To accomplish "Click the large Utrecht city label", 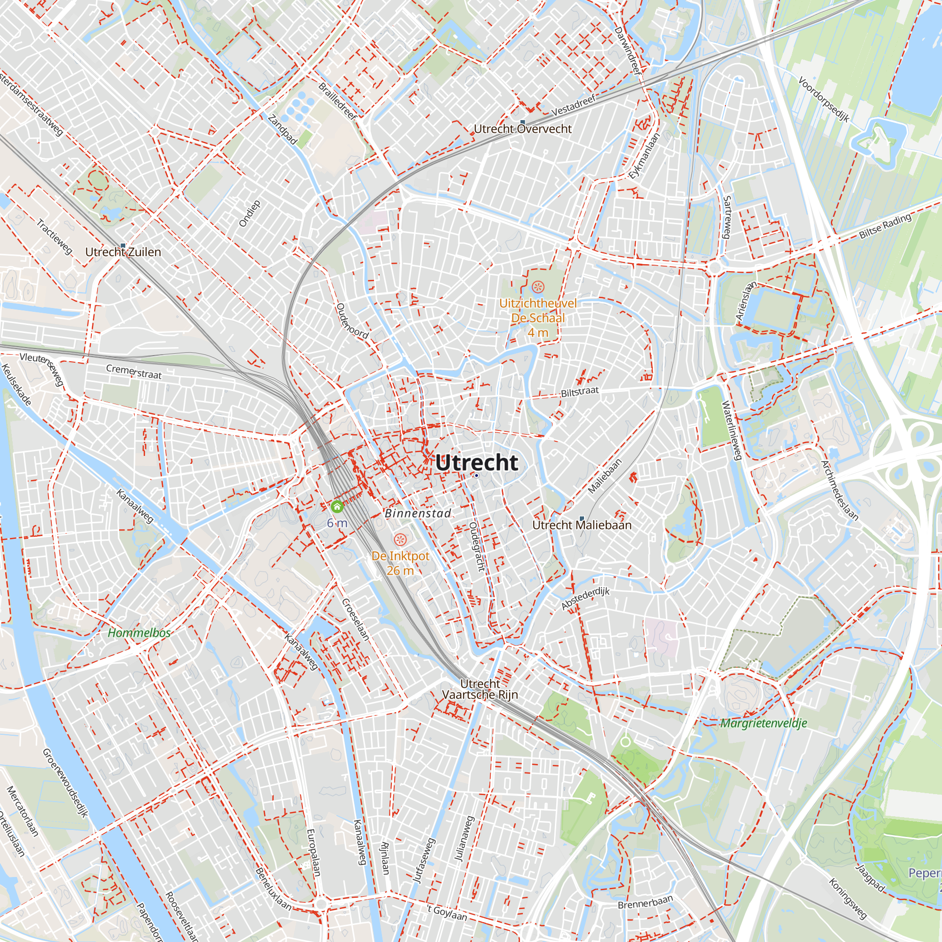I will point(476,462).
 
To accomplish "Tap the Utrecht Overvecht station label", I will point(522,129).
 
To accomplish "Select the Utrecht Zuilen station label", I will point(123,252).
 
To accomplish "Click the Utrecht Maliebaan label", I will point(581,525).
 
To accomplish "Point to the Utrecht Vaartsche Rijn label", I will point(480,690).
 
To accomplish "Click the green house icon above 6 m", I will point(337,507).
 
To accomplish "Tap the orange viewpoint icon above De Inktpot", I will point(400,539).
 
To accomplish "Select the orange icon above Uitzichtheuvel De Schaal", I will point(537,287).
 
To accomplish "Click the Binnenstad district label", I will point(417,513).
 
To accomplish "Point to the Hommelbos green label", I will point(139,633).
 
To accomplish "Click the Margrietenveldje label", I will point(763,723).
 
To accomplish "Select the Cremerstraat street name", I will point(134,372).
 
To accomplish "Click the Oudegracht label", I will point(477,546).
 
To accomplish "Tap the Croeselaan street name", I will point(355,619).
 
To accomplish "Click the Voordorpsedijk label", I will point(823,99).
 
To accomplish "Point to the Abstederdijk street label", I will point(585,599).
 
